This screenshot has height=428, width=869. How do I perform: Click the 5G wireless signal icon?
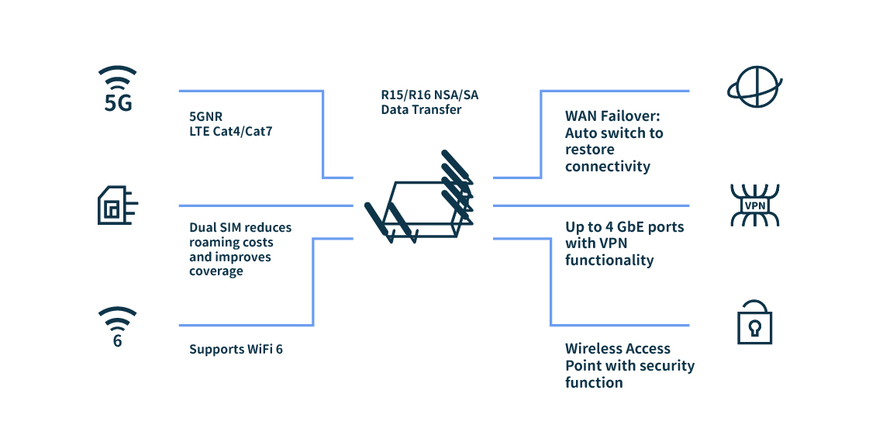click(118, 89)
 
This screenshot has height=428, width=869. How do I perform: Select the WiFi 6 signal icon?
click(118, 326)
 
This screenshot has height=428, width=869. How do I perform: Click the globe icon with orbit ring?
click(753, 86)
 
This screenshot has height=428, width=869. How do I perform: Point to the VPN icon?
click(754, 205)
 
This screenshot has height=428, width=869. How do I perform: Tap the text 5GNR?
click(205, 116)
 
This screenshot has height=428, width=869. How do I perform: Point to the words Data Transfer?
click(421, 109)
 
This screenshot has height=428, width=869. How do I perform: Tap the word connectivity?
click(607, 167)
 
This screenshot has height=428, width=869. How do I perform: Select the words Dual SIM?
click(215, 227)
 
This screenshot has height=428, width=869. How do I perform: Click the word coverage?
click(216, 271)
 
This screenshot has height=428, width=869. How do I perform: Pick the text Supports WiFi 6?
click(236, 350)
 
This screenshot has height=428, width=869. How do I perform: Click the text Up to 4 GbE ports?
click(624, 227)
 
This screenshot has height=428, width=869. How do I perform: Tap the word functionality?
click(609, 261)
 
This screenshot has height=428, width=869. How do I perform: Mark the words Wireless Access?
click(617, 349)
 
